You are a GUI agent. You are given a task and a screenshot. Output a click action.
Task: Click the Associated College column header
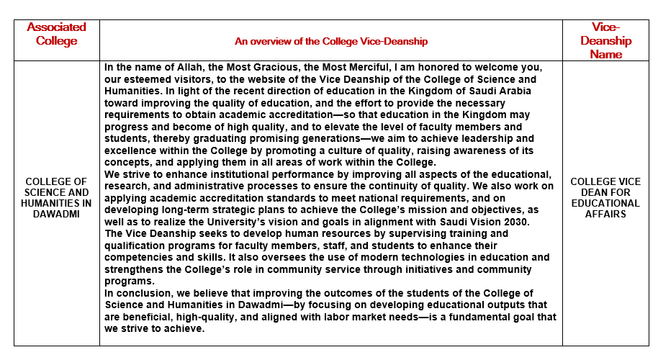56,34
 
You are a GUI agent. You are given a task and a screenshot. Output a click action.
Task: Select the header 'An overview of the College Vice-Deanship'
331,42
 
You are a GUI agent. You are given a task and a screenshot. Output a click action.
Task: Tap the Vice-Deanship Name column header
605,41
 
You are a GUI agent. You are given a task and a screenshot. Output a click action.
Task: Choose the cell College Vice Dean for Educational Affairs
605,198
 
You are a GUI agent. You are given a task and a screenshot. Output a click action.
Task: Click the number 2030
514,222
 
